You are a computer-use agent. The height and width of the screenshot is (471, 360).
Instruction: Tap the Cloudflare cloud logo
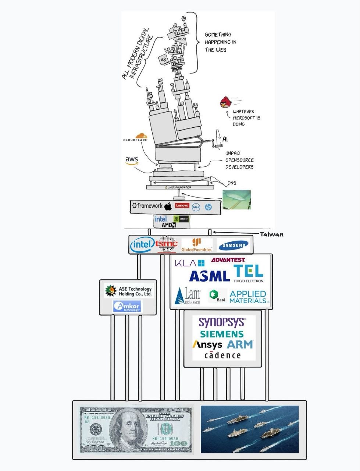point(141,137)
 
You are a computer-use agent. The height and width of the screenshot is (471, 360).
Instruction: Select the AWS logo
point(132,160)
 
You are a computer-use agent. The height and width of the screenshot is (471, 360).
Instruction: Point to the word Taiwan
point(271,234)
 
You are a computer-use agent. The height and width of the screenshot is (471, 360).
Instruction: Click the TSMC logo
point(167,244)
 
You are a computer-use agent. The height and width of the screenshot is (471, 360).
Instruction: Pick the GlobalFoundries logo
point(197,245)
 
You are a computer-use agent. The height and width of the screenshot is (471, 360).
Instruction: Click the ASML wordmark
point(210,276)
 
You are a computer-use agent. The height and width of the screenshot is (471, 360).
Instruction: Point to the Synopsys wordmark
point(222,322)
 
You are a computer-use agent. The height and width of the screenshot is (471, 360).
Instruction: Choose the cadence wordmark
point(222,355)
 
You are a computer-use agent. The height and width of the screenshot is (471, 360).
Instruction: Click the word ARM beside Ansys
point(240,344)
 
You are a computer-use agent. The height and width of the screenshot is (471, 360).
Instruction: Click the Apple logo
point(168,206)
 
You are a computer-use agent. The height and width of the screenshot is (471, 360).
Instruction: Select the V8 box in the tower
point(163,59)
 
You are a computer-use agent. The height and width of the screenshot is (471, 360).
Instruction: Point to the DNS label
point(232,183)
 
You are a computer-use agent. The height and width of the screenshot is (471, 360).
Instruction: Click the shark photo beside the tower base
point(236,199)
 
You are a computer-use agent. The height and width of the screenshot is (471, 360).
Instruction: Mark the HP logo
point(208,207)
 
